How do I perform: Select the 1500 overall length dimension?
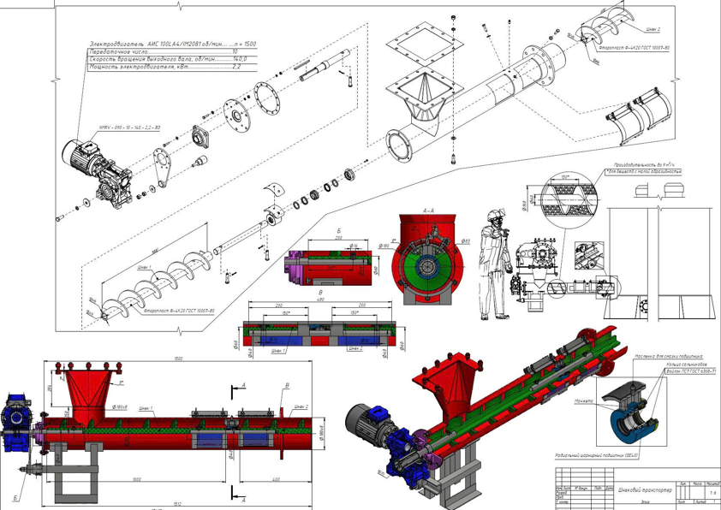click(x=178, y=359)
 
